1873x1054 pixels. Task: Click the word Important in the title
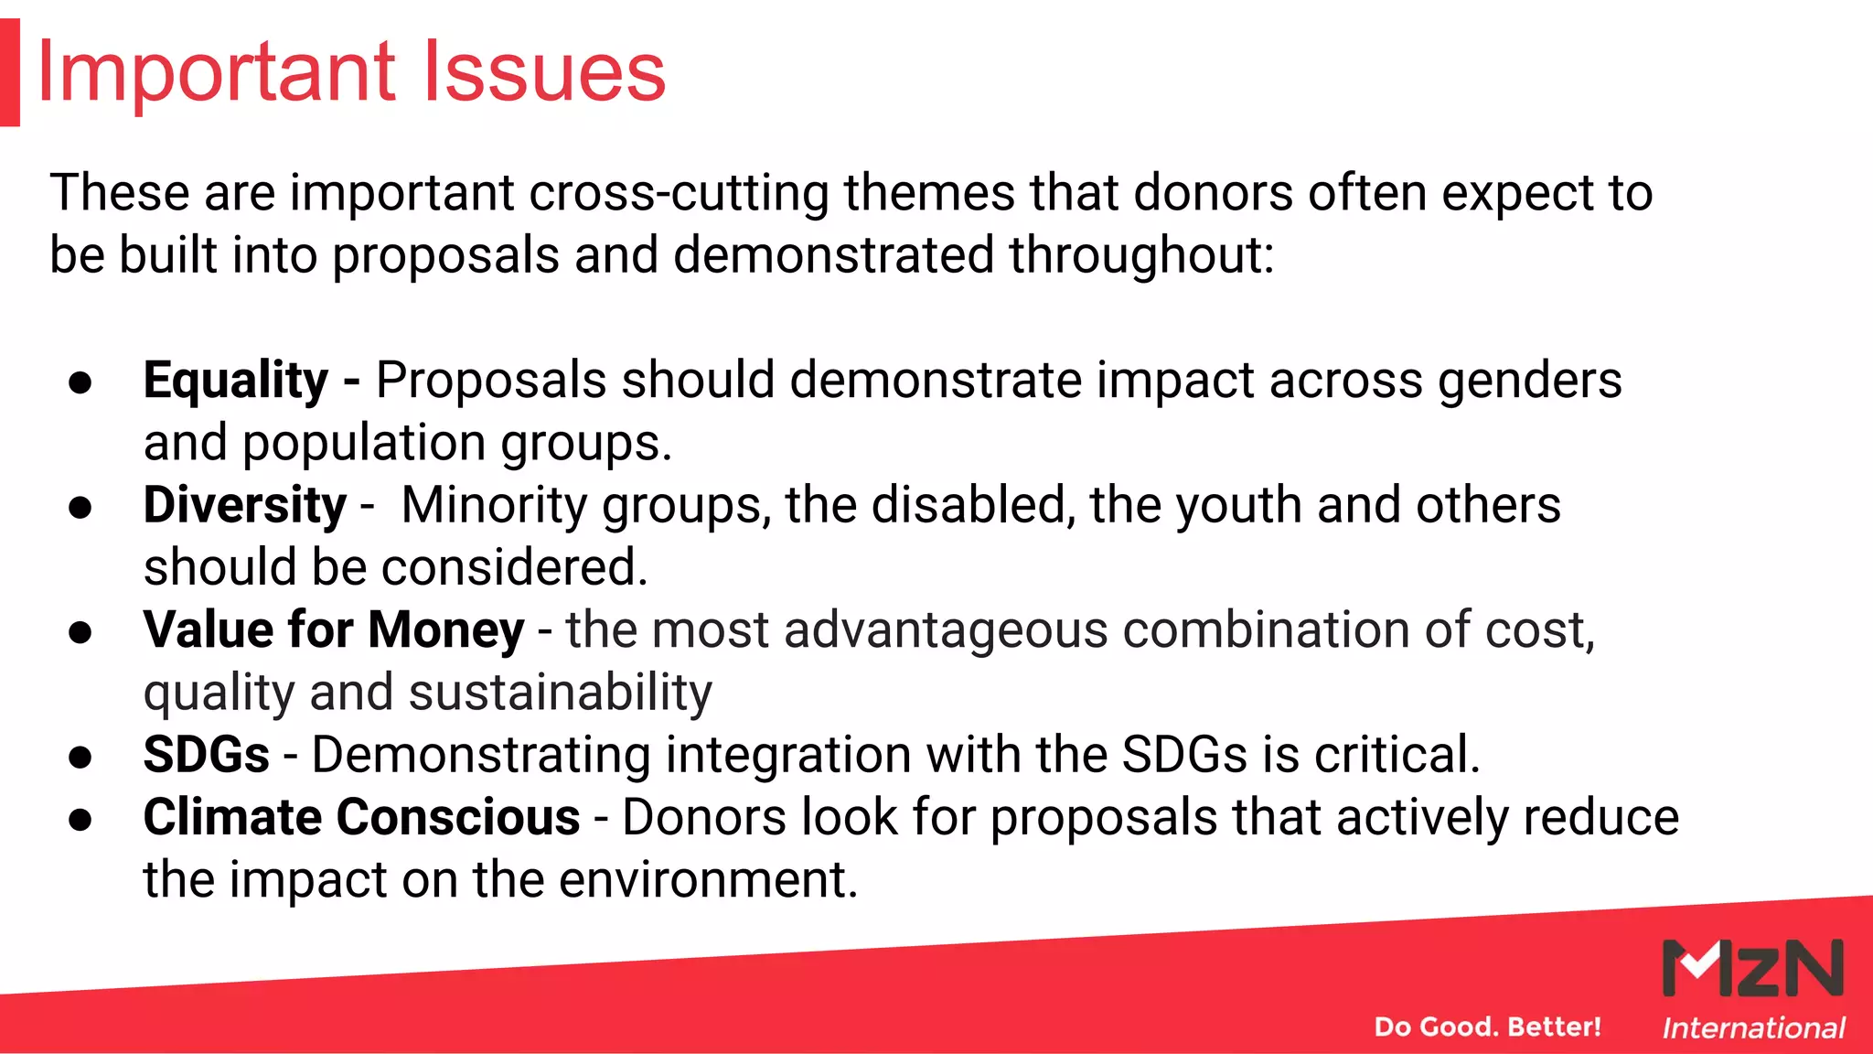coord(216,72)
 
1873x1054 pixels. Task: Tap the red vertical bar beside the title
coord(9,72)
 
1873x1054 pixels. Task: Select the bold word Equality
coord(235,381)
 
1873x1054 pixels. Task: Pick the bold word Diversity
coord(244,505)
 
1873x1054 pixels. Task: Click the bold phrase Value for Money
coord(333,630)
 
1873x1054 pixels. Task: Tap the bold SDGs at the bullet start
coord(206,755)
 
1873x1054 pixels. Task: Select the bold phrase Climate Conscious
coord(361,817)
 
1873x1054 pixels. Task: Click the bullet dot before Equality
coord(80,382)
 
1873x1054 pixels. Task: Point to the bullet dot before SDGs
coord(80,757)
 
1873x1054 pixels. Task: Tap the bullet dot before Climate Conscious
coord(80,819)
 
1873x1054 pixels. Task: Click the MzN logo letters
coord(1752,968)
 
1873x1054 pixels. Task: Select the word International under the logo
coord(1753,1028)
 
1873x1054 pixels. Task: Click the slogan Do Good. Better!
coord(1487,1027)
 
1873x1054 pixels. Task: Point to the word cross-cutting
coord(679,194)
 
